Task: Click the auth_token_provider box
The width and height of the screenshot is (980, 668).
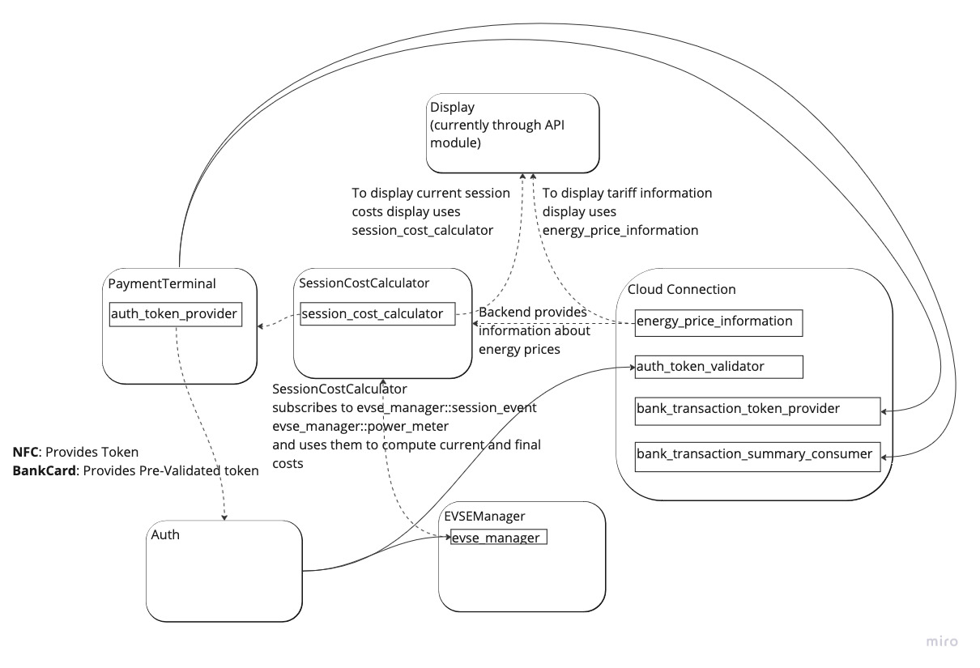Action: [x=175, y=314]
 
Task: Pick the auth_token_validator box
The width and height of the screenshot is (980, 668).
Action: [x=718, y=367]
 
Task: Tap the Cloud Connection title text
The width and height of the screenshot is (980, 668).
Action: [x=682, y=289]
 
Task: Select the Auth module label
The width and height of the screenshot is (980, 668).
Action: [x=165, y=534]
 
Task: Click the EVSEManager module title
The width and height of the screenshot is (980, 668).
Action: [x=484, y=516]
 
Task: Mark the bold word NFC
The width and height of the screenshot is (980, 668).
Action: [x=27, y=453]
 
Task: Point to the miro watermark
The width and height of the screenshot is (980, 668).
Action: [x=942, y=642]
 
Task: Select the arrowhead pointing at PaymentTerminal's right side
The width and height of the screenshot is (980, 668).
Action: [x=261, y=326]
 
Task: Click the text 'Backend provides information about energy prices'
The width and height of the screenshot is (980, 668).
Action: [x=535, y=330]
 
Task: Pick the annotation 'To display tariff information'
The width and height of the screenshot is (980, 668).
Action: [x=627, y=194]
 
